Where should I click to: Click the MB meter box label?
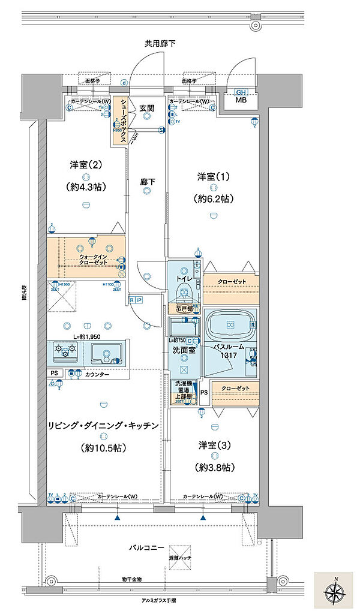tap(241, 100)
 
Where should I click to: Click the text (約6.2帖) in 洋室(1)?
tap(214, 198)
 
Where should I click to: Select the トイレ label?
tap(184, 278)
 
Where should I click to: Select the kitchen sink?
tap(107, 354)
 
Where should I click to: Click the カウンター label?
tap(97, 374)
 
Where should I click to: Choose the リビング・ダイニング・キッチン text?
tap(103, 425)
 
